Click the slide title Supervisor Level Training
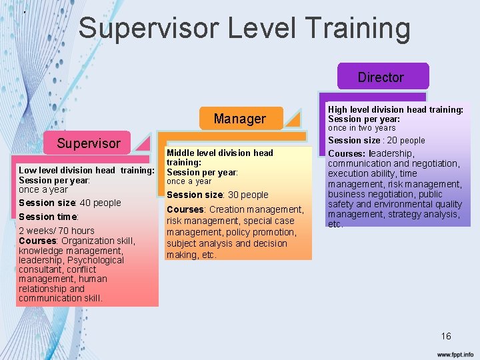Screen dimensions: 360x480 coord(244,29)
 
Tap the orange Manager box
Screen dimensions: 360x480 coord(239,119)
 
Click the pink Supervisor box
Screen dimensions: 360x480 coord(89,143)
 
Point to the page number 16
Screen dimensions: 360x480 coord(446,336)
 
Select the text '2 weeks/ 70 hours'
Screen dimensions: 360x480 coord(57,231)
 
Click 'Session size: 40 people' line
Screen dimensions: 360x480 coord(70,203)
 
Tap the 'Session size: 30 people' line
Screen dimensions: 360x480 coord(217,195)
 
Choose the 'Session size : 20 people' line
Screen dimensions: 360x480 coord(376,140)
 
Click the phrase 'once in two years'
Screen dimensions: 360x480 coord(361,128)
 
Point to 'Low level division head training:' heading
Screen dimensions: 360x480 coord(86,171)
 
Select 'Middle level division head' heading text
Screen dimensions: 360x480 coord(220,153)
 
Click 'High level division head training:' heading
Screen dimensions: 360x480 coord(395,109)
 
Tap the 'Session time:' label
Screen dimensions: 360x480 coord(49,217)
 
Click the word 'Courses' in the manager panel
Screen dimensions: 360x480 coord(185,209)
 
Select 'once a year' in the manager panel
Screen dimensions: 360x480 coord(189,181)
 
